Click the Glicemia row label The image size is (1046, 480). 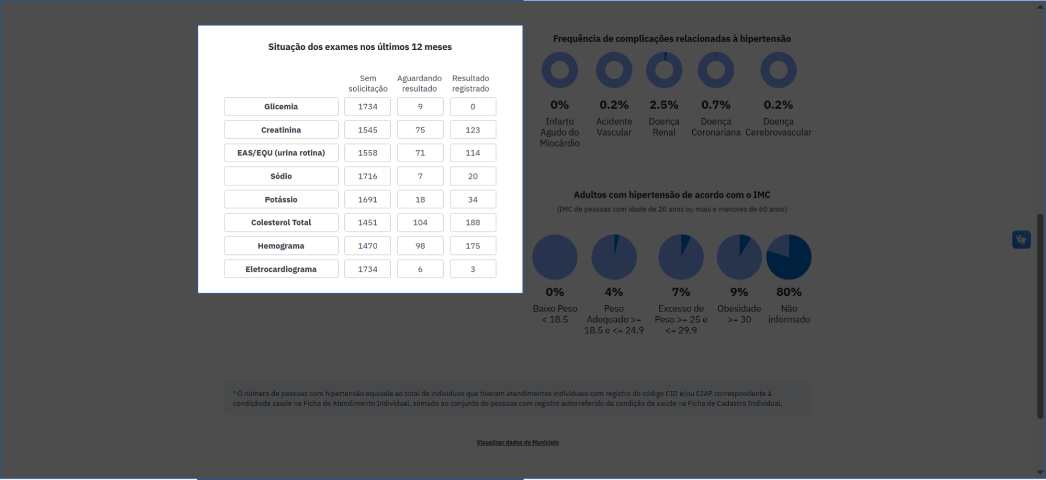281,107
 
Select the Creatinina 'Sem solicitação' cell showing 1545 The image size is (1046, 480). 367,130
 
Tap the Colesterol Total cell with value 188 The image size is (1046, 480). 473,222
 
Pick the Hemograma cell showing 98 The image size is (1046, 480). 420,246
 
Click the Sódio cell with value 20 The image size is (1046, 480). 473,176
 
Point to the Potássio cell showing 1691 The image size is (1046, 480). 367,199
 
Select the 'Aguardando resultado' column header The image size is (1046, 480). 419,84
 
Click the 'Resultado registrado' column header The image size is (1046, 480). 470,84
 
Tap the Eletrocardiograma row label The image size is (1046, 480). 281,269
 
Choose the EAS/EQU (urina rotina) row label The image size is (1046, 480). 281,153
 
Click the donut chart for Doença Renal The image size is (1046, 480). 664,70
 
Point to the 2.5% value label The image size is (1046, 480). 663,105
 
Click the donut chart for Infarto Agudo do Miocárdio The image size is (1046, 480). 559,70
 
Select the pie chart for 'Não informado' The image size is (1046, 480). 789,257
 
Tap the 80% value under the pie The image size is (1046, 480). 789,292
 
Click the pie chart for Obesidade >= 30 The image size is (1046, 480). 739,257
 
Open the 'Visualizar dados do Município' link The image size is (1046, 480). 518,442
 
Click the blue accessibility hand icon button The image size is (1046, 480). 1021,240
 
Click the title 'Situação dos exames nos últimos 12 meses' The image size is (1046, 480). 360,47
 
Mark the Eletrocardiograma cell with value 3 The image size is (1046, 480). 473,269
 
